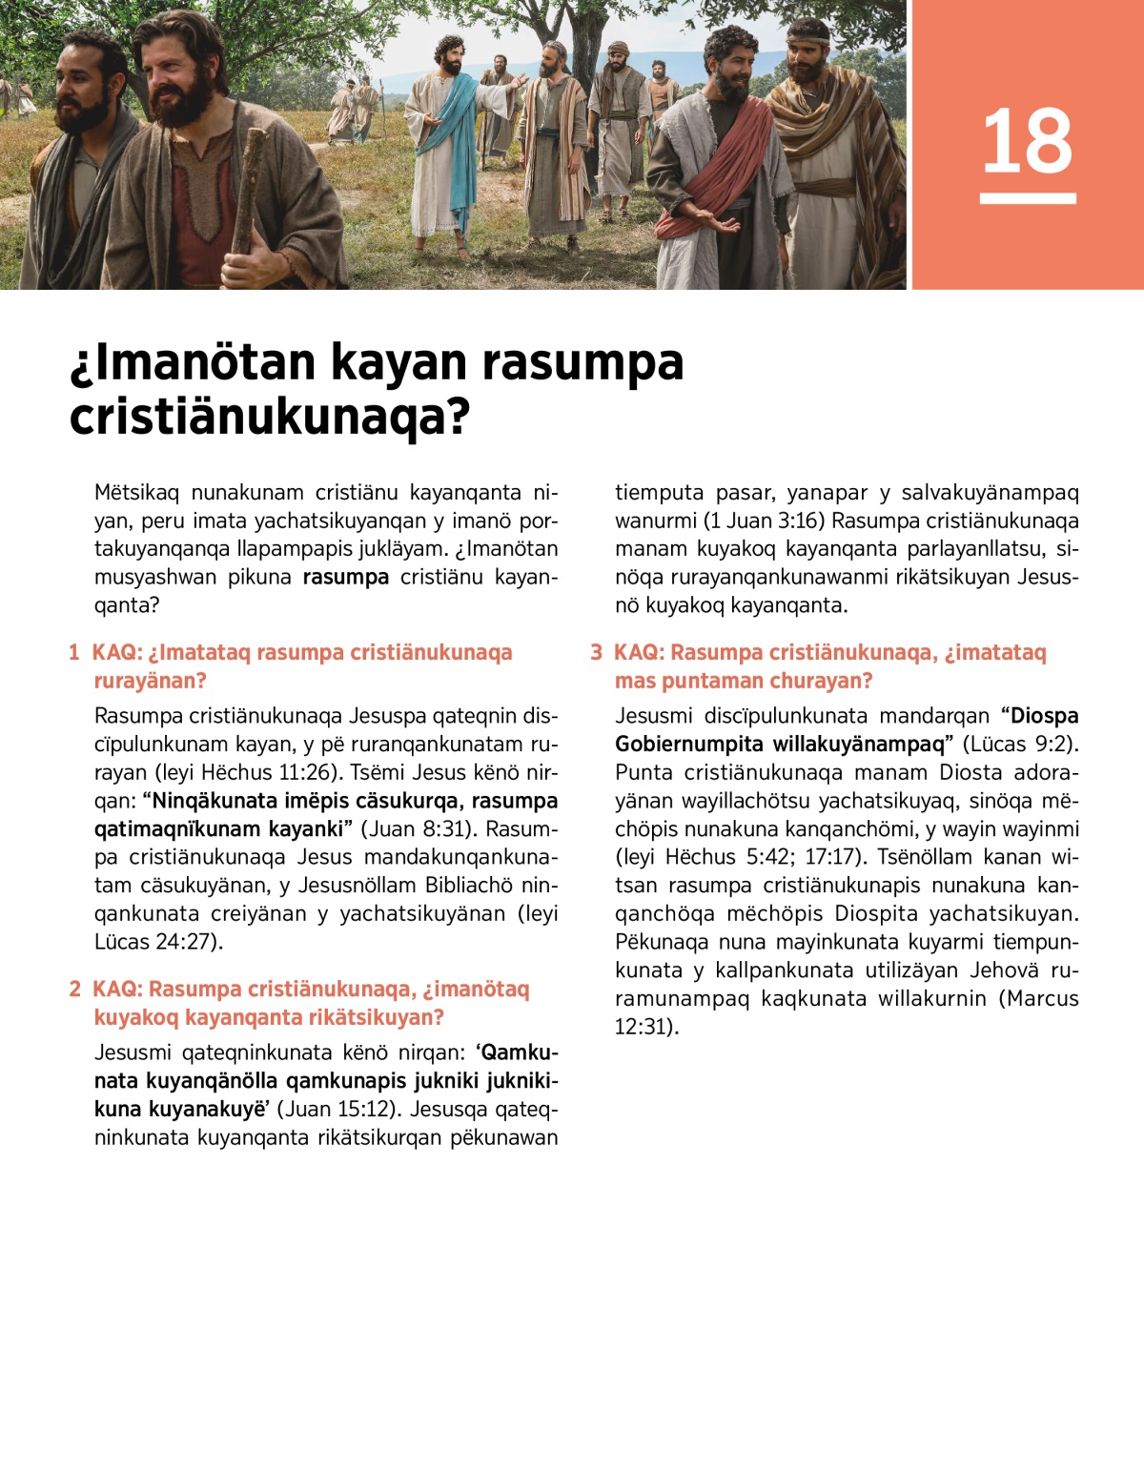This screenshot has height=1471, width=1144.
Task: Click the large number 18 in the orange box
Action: [1027, 141]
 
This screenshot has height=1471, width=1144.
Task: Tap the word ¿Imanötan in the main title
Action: [192, 362]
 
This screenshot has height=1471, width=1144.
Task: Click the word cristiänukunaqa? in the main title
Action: [270, 417]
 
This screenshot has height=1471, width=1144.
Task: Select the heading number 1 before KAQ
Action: [73, 653]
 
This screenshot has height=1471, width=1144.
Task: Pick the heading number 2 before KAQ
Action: [75, 990]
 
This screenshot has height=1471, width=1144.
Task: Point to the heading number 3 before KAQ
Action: [597, 653]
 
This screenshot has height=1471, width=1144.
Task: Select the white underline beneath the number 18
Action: [1027, 198]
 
